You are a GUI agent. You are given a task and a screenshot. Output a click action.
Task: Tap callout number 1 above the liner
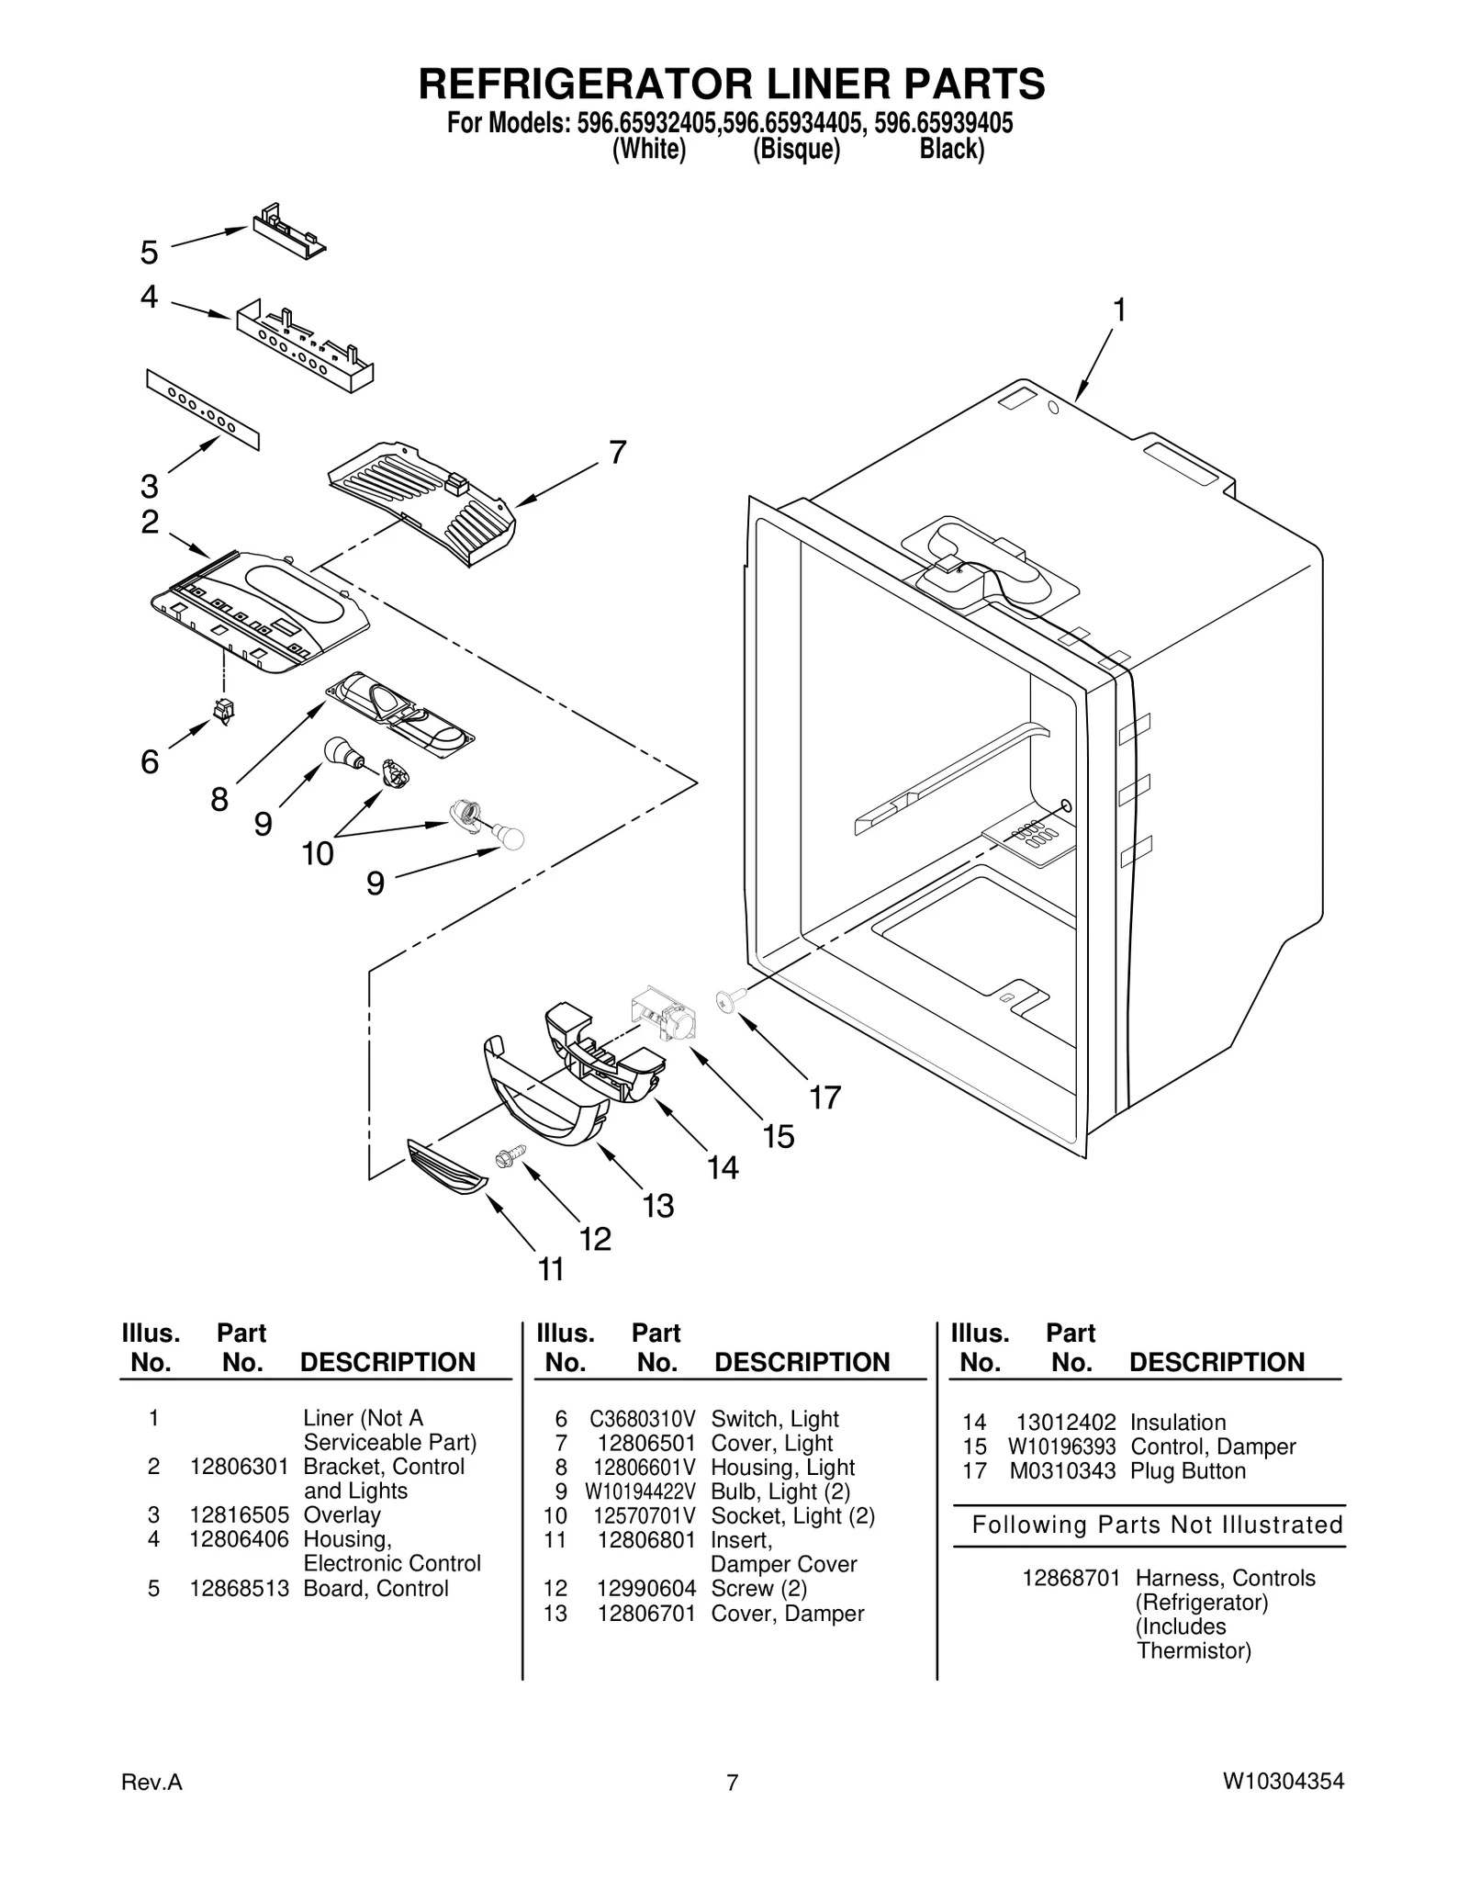tap(1118, 311)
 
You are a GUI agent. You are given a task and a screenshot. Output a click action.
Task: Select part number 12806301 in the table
tap(239, 1467)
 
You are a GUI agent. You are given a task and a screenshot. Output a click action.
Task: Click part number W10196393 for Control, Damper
tap(1061, 1446)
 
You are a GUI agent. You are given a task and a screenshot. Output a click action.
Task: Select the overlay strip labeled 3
tap(203, 410)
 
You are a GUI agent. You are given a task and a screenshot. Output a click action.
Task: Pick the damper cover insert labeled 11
tap(447, 1167)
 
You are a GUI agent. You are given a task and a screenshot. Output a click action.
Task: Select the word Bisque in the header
tap(796, 150)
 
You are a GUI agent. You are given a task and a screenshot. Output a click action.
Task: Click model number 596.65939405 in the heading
tap(943, 123)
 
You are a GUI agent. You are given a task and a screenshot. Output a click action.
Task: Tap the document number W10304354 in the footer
tap(1283, 1782)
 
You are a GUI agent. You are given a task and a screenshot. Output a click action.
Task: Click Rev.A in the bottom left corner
tap(151, 1783)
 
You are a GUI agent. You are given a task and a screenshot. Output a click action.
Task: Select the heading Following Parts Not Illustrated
tap(1157, 1525)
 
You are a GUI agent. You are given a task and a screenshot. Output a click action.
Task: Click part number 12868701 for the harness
tap(1071, 1578)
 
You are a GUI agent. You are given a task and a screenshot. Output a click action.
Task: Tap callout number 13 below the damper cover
tap(657, 1205)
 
